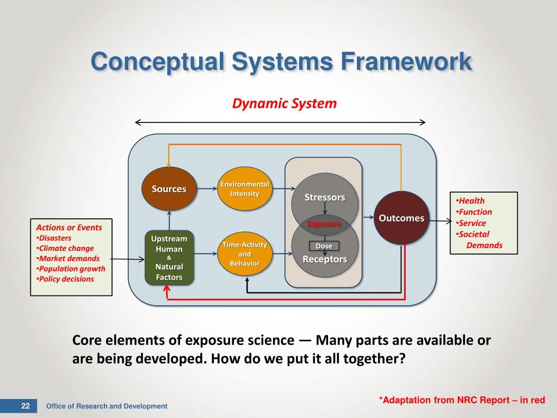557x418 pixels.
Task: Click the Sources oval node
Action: pyautogui.click(x=169, y=189)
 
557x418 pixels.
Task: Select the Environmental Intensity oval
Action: pyautogui.click(x=245, y=189)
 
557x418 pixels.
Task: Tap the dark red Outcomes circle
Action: pyautogui.click(x=401, y=218)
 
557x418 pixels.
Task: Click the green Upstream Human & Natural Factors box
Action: pyautogui.click(x=169, y=258)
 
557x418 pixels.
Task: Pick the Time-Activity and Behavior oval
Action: pyautogui.click(x=245, y=254)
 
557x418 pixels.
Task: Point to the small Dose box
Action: pyautogui.click(x=324, y=246)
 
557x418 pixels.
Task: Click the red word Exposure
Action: pyautogui.click(x=324, y=224)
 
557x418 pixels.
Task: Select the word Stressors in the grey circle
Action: pyautogui.click(x=325, y=197)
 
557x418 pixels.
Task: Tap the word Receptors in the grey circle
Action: pyautogui.click(x=325, y=259)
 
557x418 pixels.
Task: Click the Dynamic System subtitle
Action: pyautogui.click(x=284, y=103)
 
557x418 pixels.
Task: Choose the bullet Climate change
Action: pyautogui.click(x=65, y=248)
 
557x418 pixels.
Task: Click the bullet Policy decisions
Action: pyautogui.click(x=65, y=279)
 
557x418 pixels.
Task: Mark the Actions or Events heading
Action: pyautogui.click(x=69, y=228)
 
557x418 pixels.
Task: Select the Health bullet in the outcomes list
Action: pyautogui.click(x=471, y=201)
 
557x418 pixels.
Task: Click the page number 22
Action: pyautogui.click(x=25, y=406)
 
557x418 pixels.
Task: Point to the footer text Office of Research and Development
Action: pyautogui.click(x=107, y=406)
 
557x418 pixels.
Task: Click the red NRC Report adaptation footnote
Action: pyautogui.click(x=462, y=400)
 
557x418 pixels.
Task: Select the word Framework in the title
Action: pyautogui.click(x=406, y=61)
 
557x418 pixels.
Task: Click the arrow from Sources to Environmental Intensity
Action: pyautogui.click(x=205, y=189)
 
